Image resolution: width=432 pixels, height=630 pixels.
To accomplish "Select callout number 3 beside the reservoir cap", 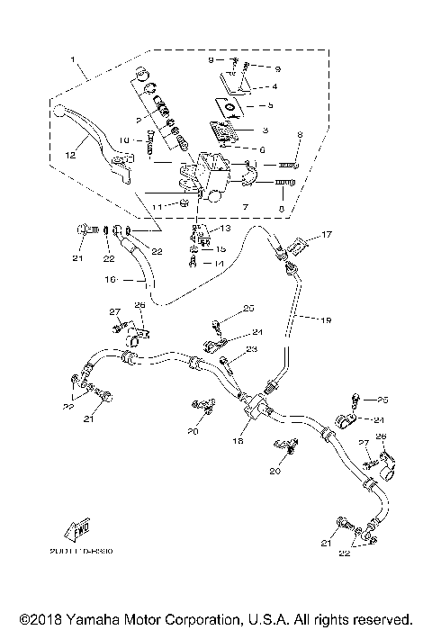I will tap(274, 86).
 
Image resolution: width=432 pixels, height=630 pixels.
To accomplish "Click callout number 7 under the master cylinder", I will tap(243, 207).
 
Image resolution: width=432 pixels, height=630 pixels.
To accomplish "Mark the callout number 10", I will tap(125, 139).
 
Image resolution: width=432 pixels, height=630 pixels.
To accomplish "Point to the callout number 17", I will tap(327, 236).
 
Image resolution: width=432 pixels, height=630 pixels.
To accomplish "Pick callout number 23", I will tap(251, 350).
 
